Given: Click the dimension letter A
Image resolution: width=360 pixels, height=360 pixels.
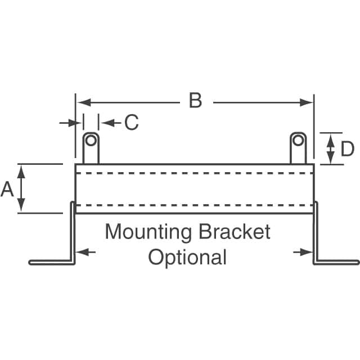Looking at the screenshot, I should point(7,190).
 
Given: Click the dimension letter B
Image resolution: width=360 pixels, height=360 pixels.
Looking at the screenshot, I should point(195,102).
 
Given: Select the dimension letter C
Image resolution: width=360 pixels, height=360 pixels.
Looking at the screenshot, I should point(131,123).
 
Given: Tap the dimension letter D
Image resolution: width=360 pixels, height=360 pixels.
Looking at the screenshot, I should point(347,150).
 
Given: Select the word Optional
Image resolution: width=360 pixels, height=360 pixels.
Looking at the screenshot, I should point(187,257).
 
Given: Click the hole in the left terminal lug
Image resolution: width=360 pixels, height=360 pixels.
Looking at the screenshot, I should point(91,139).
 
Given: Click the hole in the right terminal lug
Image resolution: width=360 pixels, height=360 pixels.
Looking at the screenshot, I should point(298,139).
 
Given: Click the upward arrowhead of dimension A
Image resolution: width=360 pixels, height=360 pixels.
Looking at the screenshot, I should point(22,169).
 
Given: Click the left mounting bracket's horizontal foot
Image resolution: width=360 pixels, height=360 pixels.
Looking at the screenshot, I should point(51,262).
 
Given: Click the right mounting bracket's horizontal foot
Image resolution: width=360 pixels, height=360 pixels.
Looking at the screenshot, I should point(337,262).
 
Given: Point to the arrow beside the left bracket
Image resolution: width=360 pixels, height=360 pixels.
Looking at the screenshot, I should point(84,252).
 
